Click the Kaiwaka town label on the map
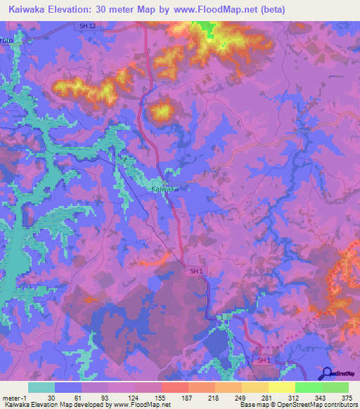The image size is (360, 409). pos(165,189)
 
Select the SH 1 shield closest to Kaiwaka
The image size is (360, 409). pos(196,271)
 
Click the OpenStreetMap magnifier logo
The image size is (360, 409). pos(326,374)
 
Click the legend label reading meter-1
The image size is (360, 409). pos(15,398)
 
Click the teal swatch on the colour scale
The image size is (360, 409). pos(41,387)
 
